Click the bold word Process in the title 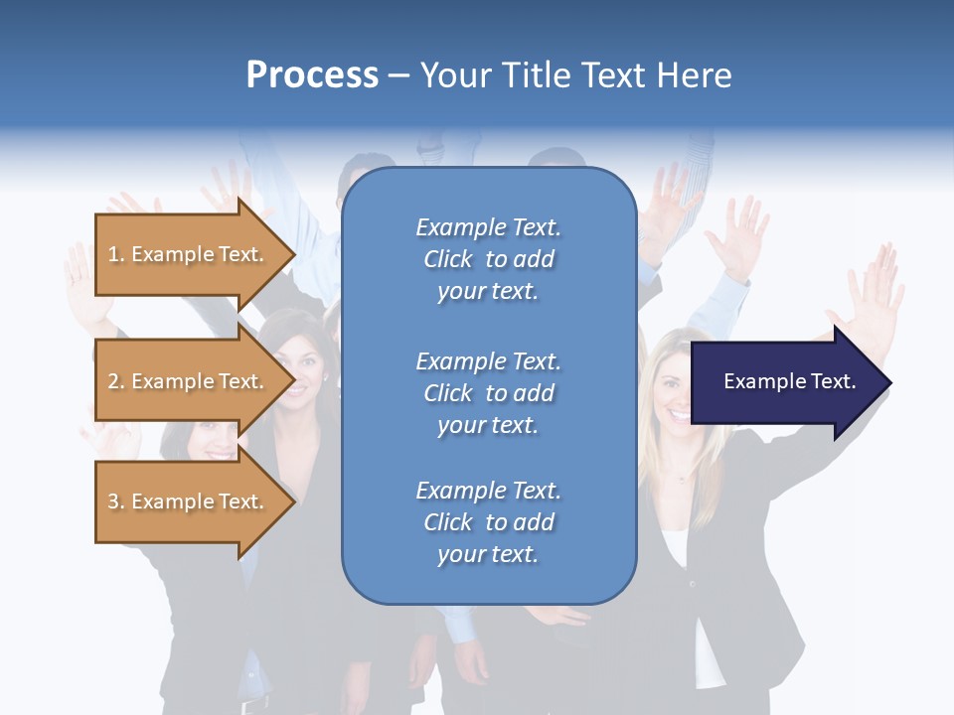point(312,75)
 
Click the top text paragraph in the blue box point(488,259)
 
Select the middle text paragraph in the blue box point(488,393)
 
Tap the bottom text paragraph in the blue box point(488,522)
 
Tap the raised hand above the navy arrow point(870,293)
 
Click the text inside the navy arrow point(790,381)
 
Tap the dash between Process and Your point(398,75)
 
